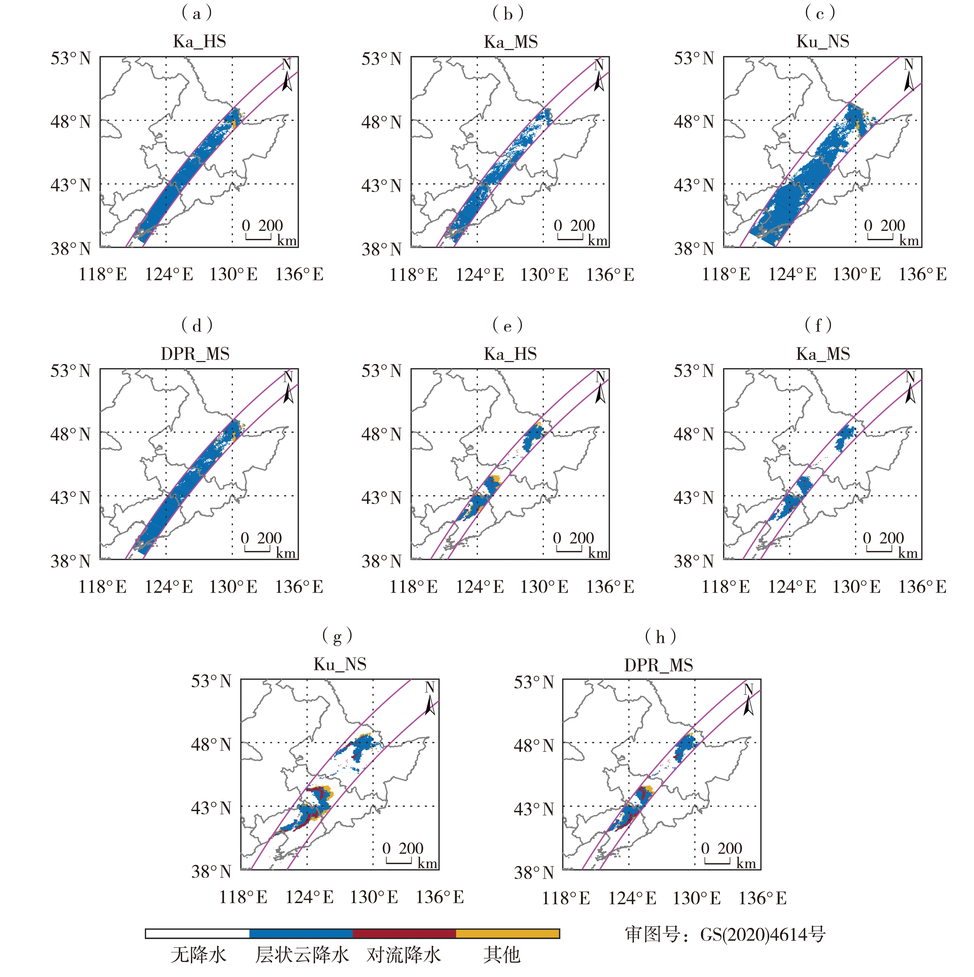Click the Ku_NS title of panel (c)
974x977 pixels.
(x=822, y=42)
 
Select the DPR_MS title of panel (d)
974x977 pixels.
(x=195, y=354)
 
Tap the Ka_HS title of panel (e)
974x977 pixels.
(x=510, y=354)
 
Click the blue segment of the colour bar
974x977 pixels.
(x=301, y=933)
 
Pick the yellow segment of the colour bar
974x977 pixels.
(x=507, y=933)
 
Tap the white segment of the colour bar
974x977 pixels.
(x=197, y=933)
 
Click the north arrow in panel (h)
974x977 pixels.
(x=748, y=701)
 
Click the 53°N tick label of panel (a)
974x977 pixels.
(x=70, y=59)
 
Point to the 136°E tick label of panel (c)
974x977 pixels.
(x=922, y=274)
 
